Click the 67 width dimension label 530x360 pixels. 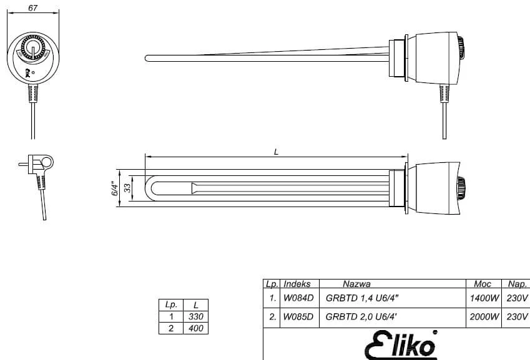(x=33, y=7)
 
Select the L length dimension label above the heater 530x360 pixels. (x=276, y=152)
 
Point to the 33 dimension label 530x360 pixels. (x=127, y=188)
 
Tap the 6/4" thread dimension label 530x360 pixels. (x=115, y=188)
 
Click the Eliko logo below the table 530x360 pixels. (x=401, y=344)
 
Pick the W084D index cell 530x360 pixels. (x=298, y=298)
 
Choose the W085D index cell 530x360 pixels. (x=298, y=317)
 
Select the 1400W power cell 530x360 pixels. (x=484, y=298)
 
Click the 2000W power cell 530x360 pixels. (x=484, y=317)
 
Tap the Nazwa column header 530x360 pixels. (x=356, y=284)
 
